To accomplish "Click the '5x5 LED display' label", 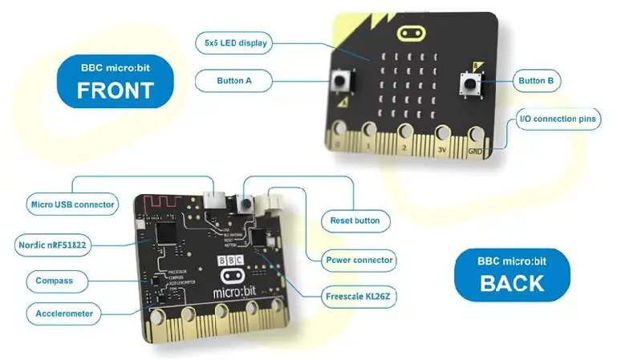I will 235,42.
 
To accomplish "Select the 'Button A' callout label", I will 234,80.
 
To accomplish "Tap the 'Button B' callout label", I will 539,80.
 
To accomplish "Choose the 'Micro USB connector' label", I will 72,204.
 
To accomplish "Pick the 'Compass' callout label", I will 55,281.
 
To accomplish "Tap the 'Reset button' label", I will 355,220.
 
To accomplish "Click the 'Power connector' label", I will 359,260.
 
